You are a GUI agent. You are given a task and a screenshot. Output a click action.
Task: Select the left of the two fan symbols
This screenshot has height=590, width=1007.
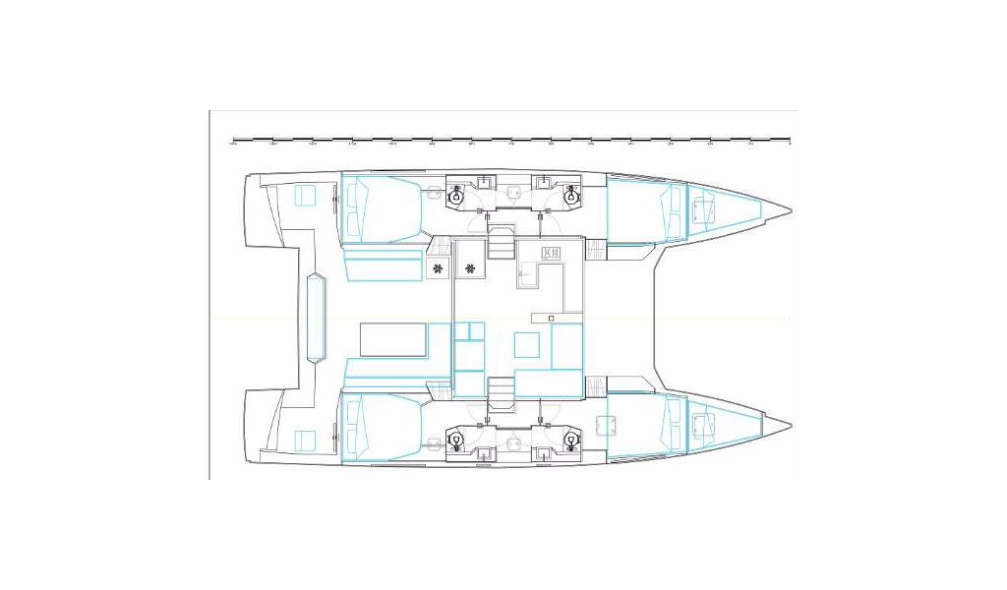(x=437, y=268)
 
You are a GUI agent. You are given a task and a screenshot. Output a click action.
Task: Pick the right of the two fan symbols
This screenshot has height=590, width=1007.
(x=471, y=268)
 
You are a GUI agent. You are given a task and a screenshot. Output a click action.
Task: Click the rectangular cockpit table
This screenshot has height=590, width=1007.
(x=393, y=339)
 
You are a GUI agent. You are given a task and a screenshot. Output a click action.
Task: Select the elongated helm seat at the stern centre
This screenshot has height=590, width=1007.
(x=318, y=318)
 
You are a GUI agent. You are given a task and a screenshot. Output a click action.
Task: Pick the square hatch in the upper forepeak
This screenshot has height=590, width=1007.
(x=704, y=209)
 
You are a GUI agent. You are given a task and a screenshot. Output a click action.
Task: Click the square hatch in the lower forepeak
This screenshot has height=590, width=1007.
(x=704, y=425)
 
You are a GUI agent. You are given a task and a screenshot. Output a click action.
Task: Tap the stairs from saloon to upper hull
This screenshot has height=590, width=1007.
(x=502, y=243)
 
